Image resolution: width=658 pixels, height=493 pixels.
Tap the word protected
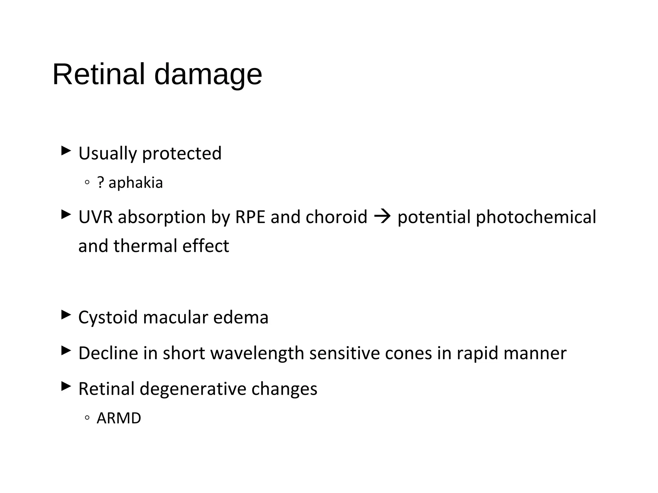[182, 153]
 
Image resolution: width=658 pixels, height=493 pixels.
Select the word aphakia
[136, 183]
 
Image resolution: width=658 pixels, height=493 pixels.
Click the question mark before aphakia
[101, 183]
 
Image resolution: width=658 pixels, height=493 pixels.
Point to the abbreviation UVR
[95, 217]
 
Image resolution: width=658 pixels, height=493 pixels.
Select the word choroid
[336, 217]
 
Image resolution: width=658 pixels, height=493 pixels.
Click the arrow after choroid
[382, 217]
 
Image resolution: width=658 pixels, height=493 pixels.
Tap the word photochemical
[536, 217]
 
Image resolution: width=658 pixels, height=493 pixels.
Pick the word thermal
[145, 246]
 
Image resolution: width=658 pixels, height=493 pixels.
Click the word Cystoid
[108, 317]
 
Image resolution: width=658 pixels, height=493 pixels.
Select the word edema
[241, 317]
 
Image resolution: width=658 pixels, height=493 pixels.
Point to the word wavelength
[257, 353]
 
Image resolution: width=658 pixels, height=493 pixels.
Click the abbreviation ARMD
[119, 418]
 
